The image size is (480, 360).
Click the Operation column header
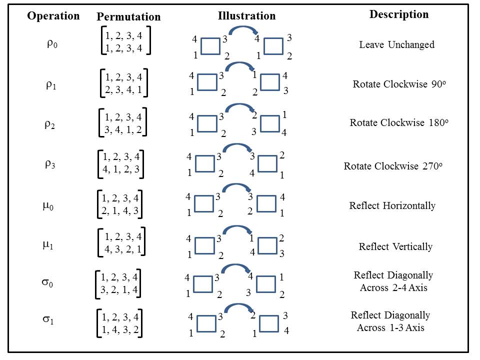click(53, 15)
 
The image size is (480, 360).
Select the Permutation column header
click(128, 16)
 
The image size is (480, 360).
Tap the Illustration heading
click(246, 15)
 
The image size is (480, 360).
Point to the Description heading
click(398, 14)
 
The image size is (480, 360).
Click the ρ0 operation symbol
click(52, 44)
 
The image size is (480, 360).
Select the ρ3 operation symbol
click(50, 164)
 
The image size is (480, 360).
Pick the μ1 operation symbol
click(47, 244)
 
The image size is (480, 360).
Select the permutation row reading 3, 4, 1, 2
click(123, 129)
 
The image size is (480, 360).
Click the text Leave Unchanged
click(396, 44)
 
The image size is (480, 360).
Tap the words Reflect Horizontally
click(392, 205)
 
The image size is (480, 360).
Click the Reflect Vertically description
click(395, 246)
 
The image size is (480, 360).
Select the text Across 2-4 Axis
click(393, 287)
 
